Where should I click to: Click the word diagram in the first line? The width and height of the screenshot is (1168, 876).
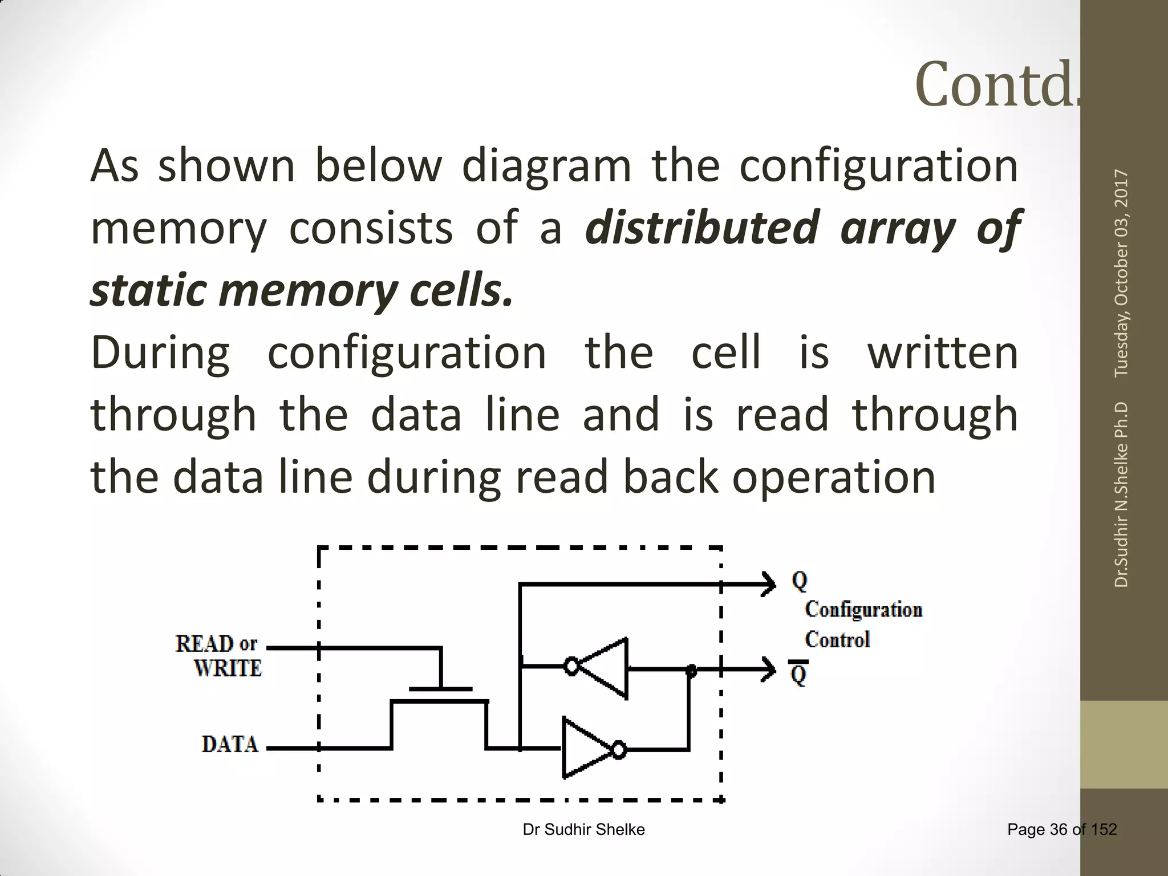pos(546,167)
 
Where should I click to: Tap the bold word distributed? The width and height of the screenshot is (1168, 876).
pos(703,229)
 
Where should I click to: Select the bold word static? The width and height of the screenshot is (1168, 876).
pos(147,290)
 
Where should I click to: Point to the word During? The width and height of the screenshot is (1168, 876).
pos(160,354)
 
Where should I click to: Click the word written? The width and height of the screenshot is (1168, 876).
pos(942,354)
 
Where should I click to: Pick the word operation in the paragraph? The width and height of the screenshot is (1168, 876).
pos(833,477)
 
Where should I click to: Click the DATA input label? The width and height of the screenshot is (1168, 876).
pos(230,744)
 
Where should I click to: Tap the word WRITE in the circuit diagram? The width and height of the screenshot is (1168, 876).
pos(228,668)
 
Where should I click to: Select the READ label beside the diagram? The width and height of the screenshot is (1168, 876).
pos(204,644)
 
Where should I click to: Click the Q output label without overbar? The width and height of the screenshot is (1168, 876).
pos(800,581)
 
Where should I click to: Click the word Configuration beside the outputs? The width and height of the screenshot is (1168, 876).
pos(863,610)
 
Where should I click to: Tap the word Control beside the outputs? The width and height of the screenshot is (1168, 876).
pos(837,640)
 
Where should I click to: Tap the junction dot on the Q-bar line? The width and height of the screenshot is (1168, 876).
pos(691,671)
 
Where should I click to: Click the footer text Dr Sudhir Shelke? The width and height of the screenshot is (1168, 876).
pos(583,830)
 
